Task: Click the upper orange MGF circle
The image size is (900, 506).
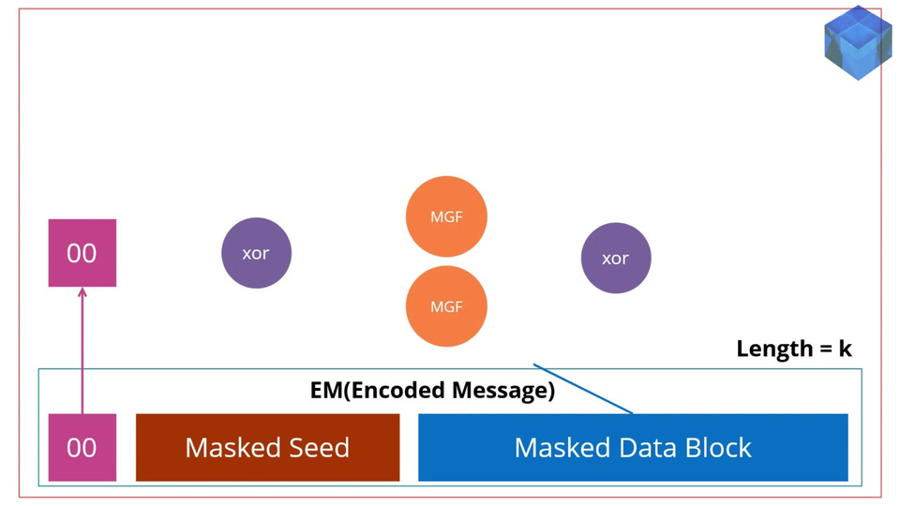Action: click(x=446, y=216)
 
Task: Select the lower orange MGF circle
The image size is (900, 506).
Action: click(x=446, y=305)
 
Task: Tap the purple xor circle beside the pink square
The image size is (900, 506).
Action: click(x=257, y=252)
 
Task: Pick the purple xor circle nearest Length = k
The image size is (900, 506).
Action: click(x=616, y=258)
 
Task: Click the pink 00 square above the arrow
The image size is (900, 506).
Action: click(x=82, y=252)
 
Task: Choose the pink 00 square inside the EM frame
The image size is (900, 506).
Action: click(x=82, y=447)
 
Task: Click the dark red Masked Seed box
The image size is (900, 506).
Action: click(x=267, y=447)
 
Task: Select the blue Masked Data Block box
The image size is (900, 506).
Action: click(x=633, y=447)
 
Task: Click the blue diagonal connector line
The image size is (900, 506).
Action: click(x=583, y=388)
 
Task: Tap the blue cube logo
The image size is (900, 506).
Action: click(x=858, y=42)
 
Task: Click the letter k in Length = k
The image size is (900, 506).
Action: click(x=845, y=349)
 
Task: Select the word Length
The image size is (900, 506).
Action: click(x=775, y=349)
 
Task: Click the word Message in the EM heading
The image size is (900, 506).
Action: click(x=503, y=391)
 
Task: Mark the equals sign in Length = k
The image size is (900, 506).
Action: click(x=825, y=349)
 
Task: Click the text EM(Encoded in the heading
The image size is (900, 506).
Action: click(x=380, y=391)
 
